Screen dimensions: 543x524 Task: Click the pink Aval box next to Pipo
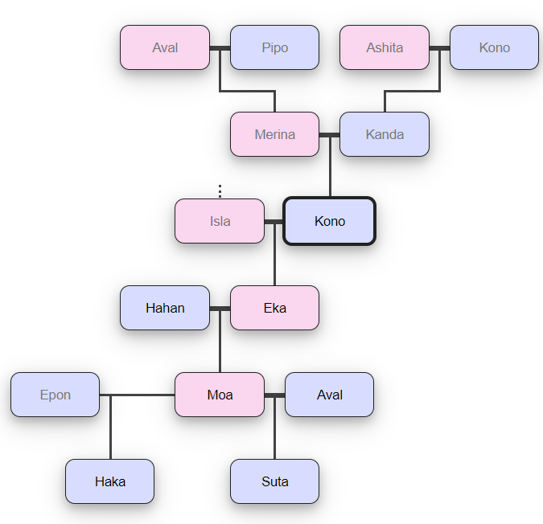coord(165,47)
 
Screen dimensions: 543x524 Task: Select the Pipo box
coord(274,47)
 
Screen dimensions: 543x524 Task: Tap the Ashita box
coord(385,47)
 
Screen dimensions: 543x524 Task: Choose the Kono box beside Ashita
coord(494,47)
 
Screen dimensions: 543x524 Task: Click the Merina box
coord(274,134)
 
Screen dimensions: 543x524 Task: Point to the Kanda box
coord(385,134)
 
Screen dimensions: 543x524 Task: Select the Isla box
coord(220,221)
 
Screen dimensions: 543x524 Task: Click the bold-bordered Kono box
coord(329,221)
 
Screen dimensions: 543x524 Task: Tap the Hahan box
coord(165,308)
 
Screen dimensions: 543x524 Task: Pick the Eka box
coord(274,308)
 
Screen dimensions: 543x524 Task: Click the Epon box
coord(55,395)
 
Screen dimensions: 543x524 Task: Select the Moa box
coord(220,395)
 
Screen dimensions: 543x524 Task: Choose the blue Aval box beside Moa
coord(329,395)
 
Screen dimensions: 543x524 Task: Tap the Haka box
coord(109,481)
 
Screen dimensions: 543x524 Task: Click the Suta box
coord(274,481)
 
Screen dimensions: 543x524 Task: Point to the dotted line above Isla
coord(220,191)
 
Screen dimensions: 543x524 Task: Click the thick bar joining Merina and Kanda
coord(329,135)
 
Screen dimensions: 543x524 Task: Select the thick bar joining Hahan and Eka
coord(220,309)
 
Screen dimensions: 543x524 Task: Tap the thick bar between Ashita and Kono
coord(439,48)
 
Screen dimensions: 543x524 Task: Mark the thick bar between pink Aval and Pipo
coord(220,48)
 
